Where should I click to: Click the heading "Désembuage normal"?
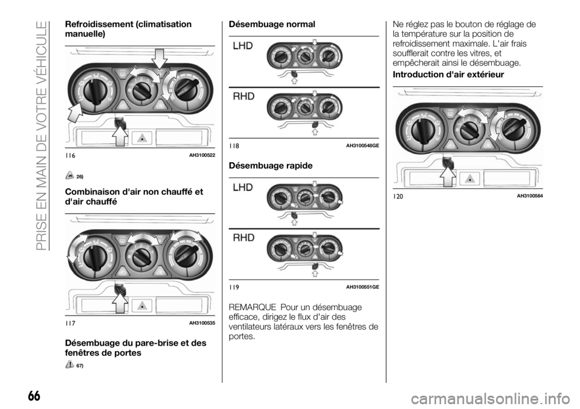click(271, 24)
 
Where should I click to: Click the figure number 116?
click(71, 156)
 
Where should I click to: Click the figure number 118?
click(234, 146)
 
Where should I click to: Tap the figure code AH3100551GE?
click(362, 286)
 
